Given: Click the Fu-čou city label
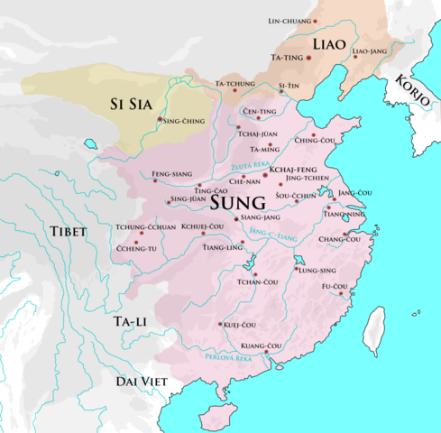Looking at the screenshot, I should tap(335, 287).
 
